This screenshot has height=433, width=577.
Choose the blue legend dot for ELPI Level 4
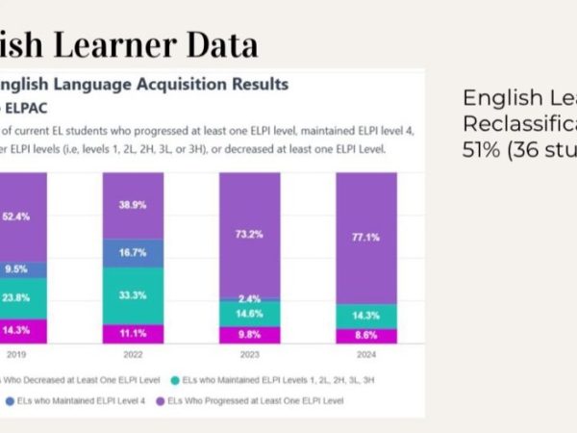(x=8, y=398)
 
